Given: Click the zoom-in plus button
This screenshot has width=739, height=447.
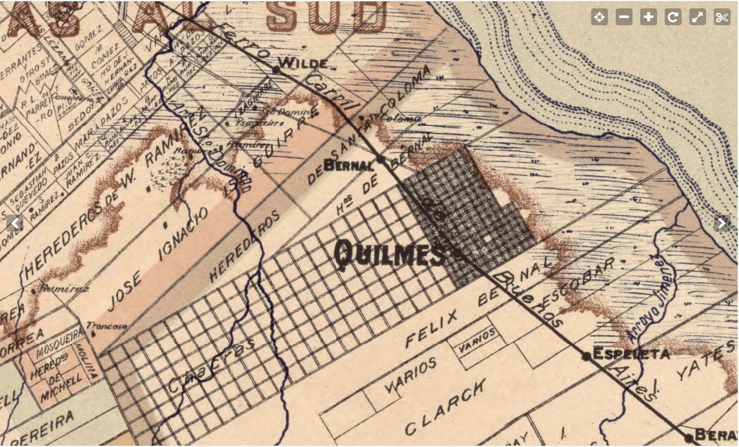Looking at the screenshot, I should click(x=649, y=17).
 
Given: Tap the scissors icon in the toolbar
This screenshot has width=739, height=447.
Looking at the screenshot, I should click(x=722, y=17).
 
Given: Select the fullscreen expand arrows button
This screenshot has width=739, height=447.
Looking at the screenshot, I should click(x=698, y=17).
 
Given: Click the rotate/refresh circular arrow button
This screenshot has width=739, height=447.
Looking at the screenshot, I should click(x=673, y=17).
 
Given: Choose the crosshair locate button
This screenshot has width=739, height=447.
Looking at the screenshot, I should click(x=600, y=17).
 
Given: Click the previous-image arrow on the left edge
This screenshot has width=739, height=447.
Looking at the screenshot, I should click(x=15, y=223).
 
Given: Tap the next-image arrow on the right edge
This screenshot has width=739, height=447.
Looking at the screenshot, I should click(x=722, y=223).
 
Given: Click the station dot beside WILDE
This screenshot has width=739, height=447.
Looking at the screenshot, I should click(x=276, y=69).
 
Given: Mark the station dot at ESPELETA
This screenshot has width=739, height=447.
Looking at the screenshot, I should click(x=587, y=355).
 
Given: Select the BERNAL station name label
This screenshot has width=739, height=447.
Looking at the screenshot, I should click(x=349, y=165).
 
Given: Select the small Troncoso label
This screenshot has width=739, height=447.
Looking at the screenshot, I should click(x=106, y=326).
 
